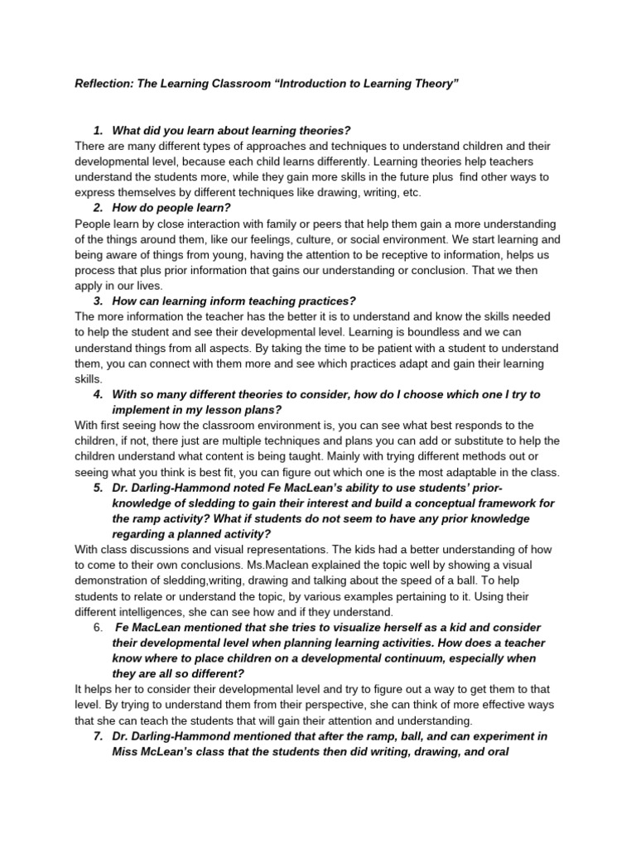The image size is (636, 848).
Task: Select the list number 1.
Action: (x=99, y=131)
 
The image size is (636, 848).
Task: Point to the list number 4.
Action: (x=99, y=394)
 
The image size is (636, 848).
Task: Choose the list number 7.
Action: (x=99, y=735)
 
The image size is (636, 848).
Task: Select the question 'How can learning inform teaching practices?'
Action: (x=234, y=301)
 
